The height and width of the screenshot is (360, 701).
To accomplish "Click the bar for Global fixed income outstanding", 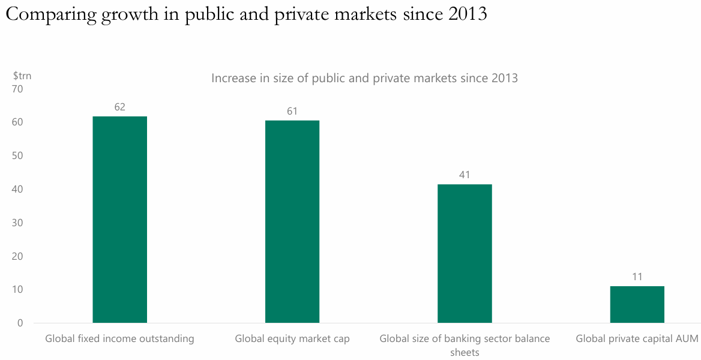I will pyautogui.click(x=119, y=220).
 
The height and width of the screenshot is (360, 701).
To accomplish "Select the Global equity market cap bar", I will pyautogui.click(x=292, y=221).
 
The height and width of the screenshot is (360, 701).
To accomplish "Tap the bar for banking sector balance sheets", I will pyautogui.click(x=465, y=253).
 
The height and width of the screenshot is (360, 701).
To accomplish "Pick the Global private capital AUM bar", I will pyautogui.click(x=637, y=304).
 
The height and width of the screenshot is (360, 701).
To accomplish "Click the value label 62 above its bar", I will pyautogui.click(x=119, y=107).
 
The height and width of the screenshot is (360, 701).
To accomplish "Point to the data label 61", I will pyautogui.click(x=292, y=111).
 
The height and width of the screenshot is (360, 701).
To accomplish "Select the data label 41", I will pyautogui.click(x=465, y=175).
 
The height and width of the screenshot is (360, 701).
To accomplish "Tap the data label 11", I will pyautogui.click(x=637, y=277).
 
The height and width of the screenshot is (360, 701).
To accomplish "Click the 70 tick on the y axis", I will pyautogui.click(x=17, y=89).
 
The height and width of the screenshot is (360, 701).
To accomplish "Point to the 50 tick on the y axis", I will pyautogui.click(x=17, y=155).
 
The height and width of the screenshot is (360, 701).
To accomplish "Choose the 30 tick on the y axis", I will pyautogui.click(x=17, y=223).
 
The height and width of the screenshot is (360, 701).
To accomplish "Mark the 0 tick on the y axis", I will pyautogui.click(x=20, y=323).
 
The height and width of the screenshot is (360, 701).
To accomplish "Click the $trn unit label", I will pyautogui.click(x=22, y=76).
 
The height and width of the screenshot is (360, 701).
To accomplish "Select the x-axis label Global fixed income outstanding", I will pyautogui.click(x=119, y=339).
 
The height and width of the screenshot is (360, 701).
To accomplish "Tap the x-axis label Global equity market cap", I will pyautogui.click(x=292, y=339).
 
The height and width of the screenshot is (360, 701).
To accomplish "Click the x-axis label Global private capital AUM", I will pyautogui.click(x=637, y=339).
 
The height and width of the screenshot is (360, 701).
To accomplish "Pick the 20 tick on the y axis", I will pyautogui.click(x=17, y=256).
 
